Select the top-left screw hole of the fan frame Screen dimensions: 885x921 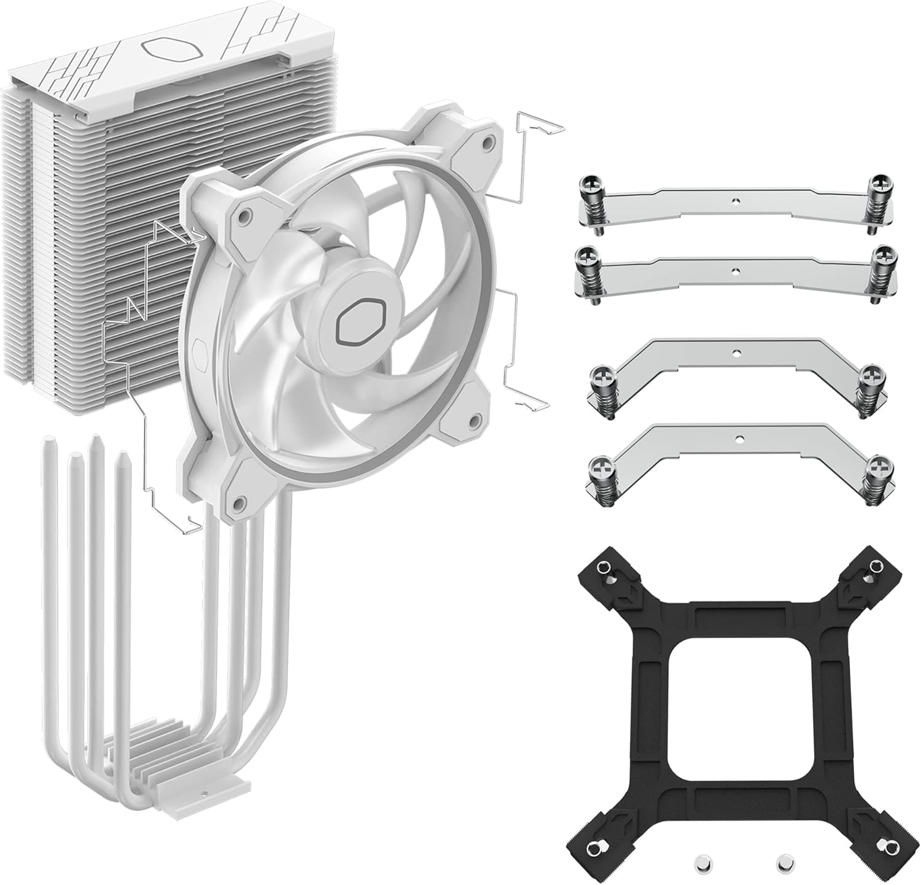246,216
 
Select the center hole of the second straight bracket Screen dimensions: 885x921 733,269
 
